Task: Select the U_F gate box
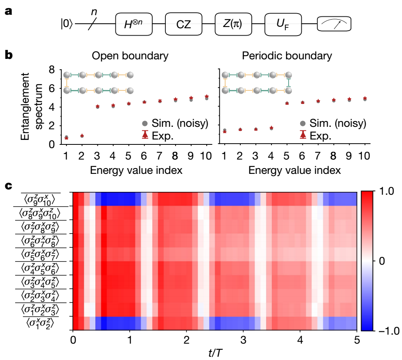tap(283, 24)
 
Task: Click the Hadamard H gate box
tap(133, 24)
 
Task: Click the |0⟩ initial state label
tap(67, 25)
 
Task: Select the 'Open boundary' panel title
tap(130, 56)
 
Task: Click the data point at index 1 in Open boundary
tap(66, 137)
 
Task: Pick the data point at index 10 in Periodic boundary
tap(364, 99)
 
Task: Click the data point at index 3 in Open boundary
tap(97, 106)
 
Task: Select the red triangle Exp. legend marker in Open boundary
tap(144, 134)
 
